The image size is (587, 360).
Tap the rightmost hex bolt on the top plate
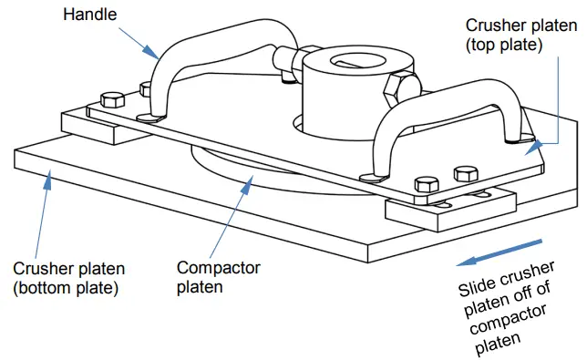[x=464, y=173]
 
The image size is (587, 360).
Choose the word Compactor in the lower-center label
[x=218, y=267]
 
